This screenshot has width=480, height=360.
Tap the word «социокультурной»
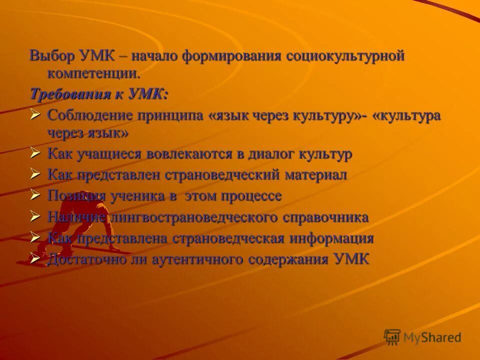coord(345,56)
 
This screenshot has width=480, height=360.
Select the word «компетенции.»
coord(93,74)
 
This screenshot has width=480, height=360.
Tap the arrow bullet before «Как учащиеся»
coord(35,153)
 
